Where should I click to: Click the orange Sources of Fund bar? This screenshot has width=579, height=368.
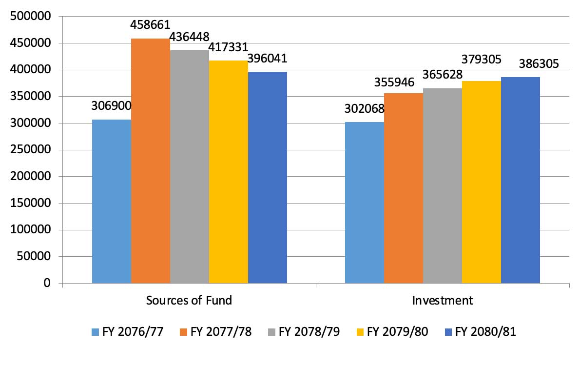click(x=151, y=161)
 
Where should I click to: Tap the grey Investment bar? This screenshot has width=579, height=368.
click(x=443, y=185)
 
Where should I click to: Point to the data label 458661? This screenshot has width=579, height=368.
click(x=151, y=24)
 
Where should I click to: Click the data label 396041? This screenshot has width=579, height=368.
click(x=268, y=59)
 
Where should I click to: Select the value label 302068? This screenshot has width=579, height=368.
click(x=365, y=108)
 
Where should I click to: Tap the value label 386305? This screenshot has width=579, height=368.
click(x=521, y=63)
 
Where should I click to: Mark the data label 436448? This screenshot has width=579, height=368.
click(x=190, y=37)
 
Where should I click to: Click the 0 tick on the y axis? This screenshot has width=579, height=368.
click(x=47, y=283)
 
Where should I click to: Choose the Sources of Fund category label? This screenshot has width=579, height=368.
click(x=189, y=300)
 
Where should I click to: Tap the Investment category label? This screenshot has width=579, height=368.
click(x=443, y=300)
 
